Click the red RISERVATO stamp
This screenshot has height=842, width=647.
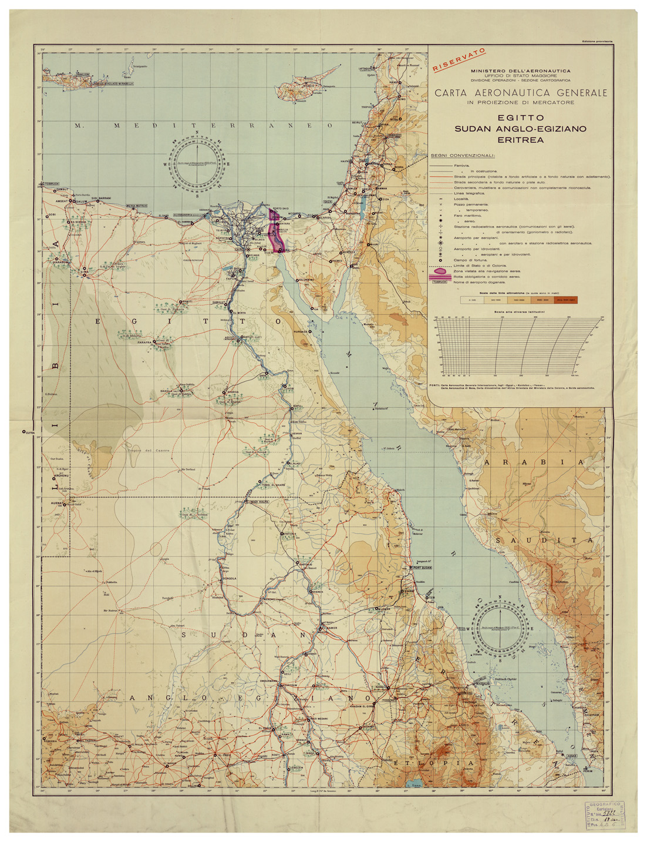pyautogui.click(x=459, y=60)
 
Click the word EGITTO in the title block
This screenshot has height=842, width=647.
pyautogui.click(x=520, y=118)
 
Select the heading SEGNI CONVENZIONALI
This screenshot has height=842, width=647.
pyautogui.click(x=463, y=156)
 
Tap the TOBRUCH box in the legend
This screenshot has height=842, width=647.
pyautogui.click(x=440, y=282)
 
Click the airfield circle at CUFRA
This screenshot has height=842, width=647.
pyautogui.click(x=23, y=432)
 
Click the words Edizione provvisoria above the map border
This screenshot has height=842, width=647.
pyautogui.click(x=597, y=41)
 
